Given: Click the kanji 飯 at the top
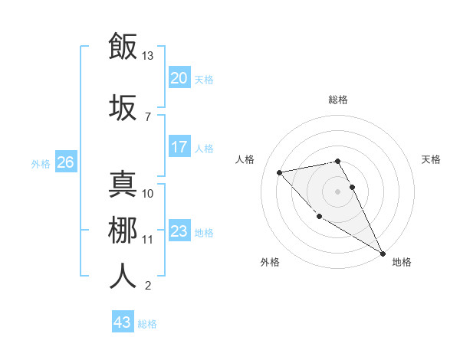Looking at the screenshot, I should pos(123,46).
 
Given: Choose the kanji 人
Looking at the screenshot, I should pos(123,276).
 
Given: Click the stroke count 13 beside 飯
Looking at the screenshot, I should pos(148,56).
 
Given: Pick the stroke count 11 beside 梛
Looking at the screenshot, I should pos(148,239).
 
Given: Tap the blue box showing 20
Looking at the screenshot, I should pos(179,78).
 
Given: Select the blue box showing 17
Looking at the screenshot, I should pos(179,147).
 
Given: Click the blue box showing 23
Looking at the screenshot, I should pos(179,231).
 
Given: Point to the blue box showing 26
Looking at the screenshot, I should pos(65,162).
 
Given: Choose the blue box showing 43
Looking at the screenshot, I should pos(122,322).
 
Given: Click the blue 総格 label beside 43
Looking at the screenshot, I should pos(147,324).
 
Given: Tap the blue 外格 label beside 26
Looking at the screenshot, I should pos(41,163).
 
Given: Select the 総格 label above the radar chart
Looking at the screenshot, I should pos(337,100).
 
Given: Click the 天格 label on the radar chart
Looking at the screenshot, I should pos(431,159).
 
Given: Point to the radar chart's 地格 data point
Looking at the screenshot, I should pos(383,254).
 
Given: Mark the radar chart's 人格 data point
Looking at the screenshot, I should pos(280,172).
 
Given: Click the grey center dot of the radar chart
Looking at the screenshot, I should pos(337,191).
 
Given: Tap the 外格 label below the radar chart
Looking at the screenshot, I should pos(270,262).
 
